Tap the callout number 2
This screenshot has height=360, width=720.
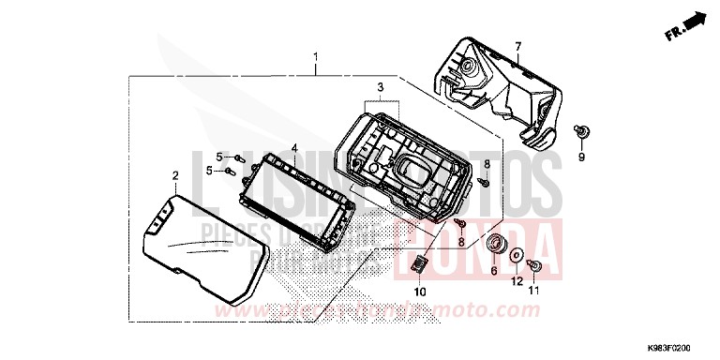(174, 175)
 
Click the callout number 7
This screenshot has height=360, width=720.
(517, 45)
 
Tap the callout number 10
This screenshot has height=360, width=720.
(420, 292)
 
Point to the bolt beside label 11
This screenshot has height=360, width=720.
(532, 266)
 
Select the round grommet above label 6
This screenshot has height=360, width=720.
(493, 246)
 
